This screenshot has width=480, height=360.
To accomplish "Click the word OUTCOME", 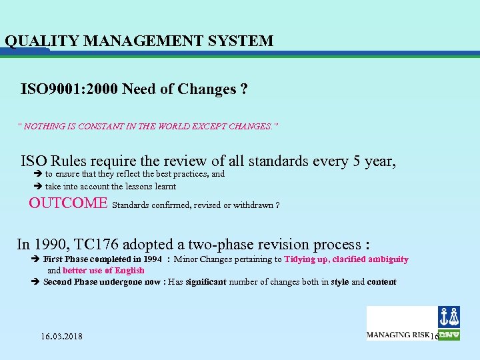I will pos(68,203).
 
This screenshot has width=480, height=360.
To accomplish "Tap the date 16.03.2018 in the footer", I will pos(61,336).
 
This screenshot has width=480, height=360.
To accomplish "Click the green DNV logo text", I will pos(449,335).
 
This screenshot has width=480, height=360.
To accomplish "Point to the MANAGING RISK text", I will pos(397,335).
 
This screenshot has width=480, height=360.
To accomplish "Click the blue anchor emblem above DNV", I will pos(449,317).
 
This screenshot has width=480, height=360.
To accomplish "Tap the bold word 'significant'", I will pos(206,282).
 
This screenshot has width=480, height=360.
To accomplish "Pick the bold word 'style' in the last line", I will pos(339,282).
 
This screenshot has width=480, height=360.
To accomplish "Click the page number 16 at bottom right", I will pos(434,337).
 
